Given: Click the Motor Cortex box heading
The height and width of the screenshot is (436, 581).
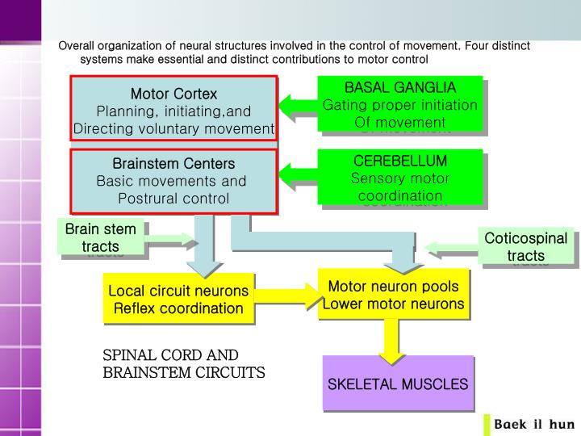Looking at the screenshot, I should tap(173, 94).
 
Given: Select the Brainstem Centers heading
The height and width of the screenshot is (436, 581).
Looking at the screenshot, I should tap(173, 164).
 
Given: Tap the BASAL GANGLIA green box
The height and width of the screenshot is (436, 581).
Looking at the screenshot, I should tap(399, 104).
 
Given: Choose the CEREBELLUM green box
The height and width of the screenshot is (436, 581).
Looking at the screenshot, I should tap(399, 178).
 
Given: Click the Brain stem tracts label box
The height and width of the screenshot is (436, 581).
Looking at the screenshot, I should tap(101, 237).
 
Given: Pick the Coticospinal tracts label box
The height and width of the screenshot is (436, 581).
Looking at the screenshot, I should tap(526, 246).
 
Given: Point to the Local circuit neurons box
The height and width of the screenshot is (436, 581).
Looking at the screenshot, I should tap(178, 298).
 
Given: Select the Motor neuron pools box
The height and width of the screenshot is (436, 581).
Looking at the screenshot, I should tap(393, 295).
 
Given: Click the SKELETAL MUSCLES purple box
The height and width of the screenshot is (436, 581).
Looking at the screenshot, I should tap(397, 384).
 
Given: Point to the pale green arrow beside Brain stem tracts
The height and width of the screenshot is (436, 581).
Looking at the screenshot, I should tap(171, 239).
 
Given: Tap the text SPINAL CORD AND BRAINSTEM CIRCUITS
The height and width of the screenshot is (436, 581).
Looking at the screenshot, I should tap(183, 364).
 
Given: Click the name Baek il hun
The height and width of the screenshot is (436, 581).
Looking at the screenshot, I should tap(533, 424).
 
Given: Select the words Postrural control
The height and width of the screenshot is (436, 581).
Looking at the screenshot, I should tap(173, 199).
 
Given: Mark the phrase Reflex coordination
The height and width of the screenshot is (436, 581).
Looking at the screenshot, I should tap(178, 308).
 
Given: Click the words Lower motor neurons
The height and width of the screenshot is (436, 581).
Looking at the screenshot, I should tap(393, 304).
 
